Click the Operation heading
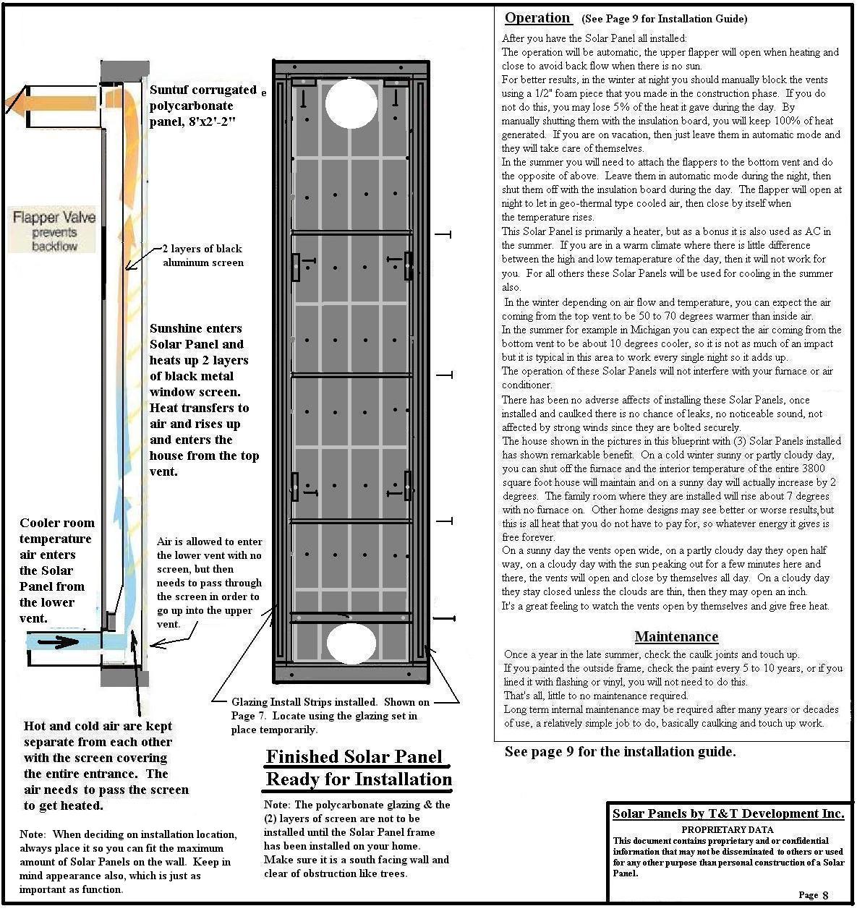pos(537,18)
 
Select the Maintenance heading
pos(676,636)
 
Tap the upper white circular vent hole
pos(351,103)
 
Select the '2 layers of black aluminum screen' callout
pos(203,255)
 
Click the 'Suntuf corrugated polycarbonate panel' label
pos(203,106)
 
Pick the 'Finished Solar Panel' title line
pos(354,757)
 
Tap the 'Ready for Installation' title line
pos(359,779)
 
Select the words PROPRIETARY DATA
pos(727,829)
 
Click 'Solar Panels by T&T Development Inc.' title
pos(728,813)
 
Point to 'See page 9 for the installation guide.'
pos(620,752)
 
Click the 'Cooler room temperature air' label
pos(56,570)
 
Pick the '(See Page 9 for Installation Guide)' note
pos(664,20)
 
